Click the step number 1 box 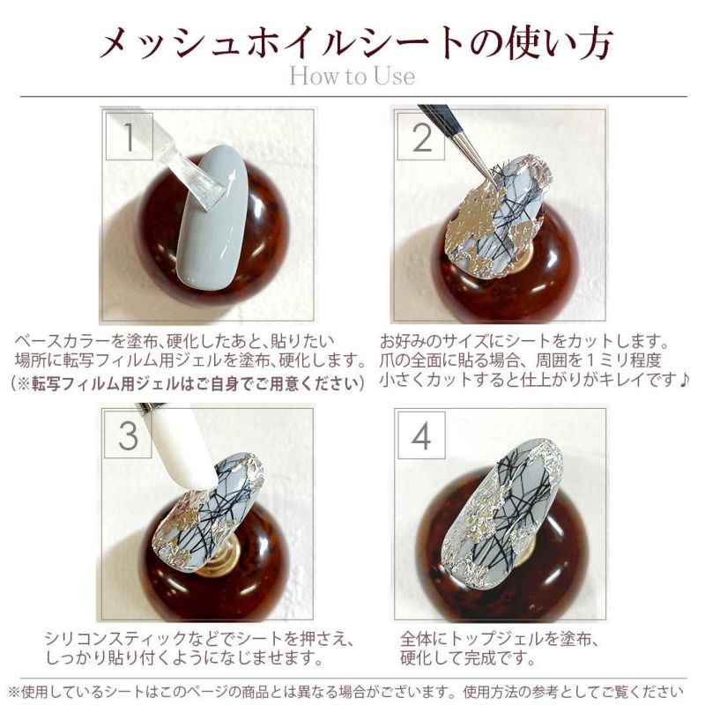pyautogui.click(x=129, y=137)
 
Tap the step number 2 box pyautogui.click(x=421, y=137)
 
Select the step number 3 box pyautogui.click(x=129, y=434)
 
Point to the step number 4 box pyautogui.click(x=421, y=434)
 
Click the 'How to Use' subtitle pyautogui.click(x=352, y=76)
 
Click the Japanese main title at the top pyautogui.click(x=356, y=43)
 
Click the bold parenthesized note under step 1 pyautogui.click(x=187, y=383)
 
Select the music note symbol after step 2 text pyautogui.click(x=682, y=381)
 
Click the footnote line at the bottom pyautogui.click(x=345, y=691)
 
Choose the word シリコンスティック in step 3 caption pyautogui.click(x=115, y=638)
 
